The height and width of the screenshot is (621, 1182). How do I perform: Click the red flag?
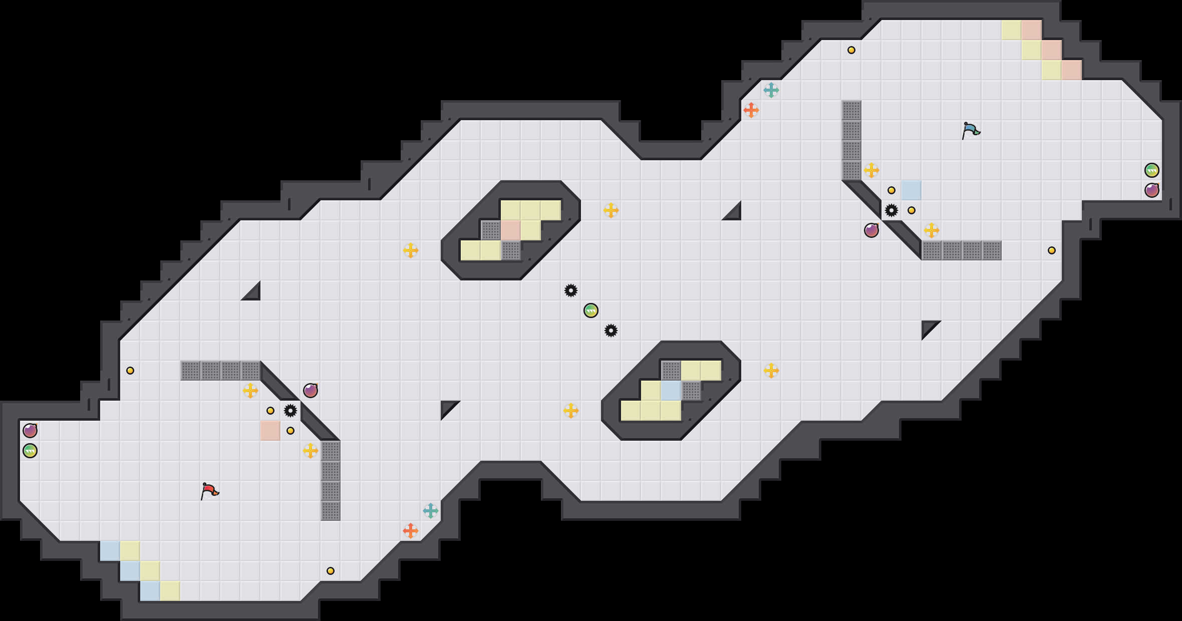(x=209, y=491)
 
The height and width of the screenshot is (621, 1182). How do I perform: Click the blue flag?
(x=971, y=130)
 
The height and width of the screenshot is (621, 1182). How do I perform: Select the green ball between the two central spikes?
(x=591, y=310)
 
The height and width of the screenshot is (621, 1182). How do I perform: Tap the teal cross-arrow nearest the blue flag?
(x=771, y=90)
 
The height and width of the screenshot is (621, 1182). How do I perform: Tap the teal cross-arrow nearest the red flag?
(x=431, y=511)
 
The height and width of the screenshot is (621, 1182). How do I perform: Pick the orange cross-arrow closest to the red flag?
(x=411, y=531)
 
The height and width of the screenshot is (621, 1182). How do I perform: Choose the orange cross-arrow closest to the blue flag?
(x=751, y=110)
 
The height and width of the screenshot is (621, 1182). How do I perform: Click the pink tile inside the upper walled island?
(x=511, y=230)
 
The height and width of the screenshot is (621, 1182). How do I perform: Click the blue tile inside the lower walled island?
(x=671, y=391)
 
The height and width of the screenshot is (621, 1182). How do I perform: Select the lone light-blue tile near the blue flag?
(x=912, y=190)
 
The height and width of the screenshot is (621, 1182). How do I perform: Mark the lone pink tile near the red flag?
(x=270, y=431)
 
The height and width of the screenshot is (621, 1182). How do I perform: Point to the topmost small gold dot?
(x=851, y=50)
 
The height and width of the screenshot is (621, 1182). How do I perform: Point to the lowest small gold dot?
(x=331, y=571)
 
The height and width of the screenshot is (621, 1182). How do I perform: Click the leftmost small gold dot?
(x=130, y=371)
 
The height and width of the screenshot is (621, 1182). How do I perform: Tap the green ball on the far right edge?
(x=1152, y=170)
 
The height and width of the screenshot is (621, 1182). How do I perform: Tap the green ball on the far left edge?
(x=30, y=451)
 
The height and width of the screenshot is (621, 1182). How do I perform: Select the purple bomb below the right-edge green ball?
(x=1152, y=190)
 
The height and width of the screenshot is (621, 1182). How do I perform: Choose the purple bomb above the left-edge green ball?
(x=30, y=431)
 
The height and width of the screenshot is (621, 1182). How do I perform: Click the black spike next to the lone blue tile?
(x=892, y=210)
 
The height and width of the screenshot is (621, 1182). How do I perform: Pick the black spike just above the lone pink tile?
(x=290, y=411)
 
